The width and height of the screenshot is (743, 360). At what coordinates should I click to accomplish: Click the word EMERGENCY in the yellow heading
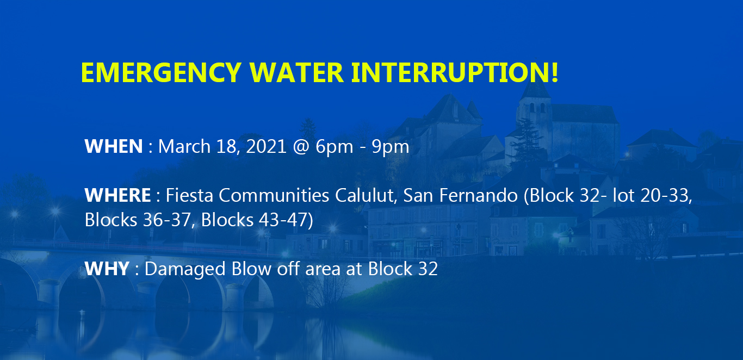tap(161, 72)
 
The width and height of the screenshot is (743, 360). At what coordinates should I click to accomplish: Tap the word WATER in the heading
tap(296, 72)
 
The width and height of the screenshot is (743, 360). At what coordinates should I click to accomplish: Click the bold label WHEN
tap(114, 146)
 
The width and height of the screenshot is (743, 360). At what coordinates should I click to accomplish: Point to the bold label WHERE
tap(117, 195)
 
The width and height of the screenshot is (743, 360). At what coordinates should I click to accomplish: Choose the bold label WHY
tap(107, 269)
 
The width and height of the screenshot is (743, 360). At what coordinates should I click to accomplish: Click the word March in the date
tap(184, 146)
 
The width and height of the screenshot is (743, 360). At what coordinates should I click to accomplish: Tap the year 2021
tap(266, 146)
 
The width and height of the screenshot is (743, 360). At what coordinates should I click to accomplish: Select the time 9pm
tap(391, 147)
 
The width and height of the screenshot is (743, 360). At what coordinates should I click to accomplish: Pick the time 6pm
tap(335, 147)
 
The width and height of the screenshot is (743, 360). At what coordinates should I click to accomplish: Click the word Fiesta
tap(189, 195)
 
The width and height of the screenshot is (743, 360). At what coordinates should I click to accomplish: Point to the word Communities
tap(274, 195)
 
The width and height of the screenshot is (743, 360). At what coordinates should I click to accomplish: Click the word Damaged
tap(185, 269)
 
